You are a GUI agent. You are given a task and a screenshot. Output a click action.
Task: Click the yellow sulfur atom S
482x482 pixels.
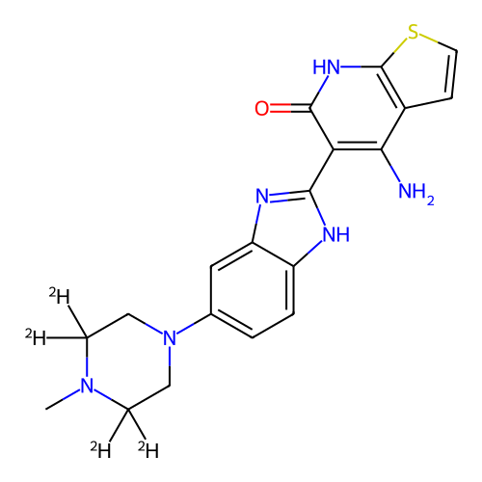pyautogui.click(x=413, y=33)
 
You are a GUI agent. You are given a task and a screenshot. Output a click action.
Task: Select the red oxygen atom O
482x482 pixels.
pyautogui.click(x=261, y=108)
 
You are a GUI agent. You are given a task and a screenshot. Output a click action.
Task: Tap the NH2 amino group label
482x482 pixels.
pyautogui.click(x=416, y=192)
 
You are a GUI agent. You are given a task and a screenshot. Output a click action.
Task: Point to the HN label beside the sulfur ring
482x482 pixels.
pyautogui.click(x=326, y=67)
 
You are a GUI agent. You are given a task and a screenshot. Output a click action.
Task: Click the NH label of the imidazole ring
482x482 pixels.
pyautogui.click(x=336, y=234)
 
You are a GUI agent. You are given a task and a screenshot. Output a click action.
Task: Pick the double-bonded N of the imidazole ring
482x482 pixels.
pyautogui.click(x=262, y=197)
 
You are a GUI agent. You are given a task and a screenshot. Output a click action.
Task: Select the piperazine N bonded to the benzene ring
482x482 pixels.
pyautogui.click(x=170, y=337)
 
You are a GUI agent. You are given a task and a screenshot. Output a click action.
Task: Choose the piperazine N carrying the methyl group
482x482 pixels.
pyautogui.click(x=87, y=386)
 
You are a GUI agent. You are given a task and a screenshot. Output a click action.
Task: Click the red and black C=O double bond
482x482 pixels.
pyautogui.click(x=290, y=108)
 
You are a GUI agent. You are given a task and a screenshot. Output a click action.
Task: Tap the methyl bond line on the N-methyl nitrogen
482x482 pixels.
pyautogui.click(x=63, y=399)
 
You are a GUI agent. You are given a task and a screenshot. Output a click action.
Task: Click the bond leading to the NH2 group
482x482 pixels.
pyautogui.click(x=390, y=166)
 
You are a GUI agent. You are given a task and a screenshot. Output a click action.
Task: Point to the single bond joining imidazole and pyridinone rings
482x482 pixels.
pyautogui.click(x=322, y=170)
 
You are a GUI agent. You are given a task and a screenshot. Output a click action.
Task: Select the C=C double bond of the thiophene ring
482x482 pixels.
pyautogui.click(x=452, y=73)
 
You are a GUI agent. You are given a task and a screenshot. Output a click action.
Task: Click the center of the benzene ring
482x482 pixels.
pyautogui.click(x=253, y=290)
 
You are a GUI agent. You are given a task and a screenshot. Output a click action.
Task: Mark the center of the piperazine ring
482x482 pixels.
pyautogui.click(x=128, y=361)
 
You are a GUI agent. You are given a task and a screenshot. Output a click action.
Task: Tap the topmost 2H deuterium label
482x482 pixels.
pyautogui.click(x=60, y=296)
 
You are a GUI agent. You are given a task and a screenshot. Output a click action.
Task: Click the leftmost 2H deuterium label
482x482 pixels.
pyautogui.click(x=36, y=337)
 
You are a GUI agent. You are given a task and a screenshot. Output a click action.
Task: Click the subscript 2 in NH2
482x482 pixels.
pyautogui.click(x=431, y=201)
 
